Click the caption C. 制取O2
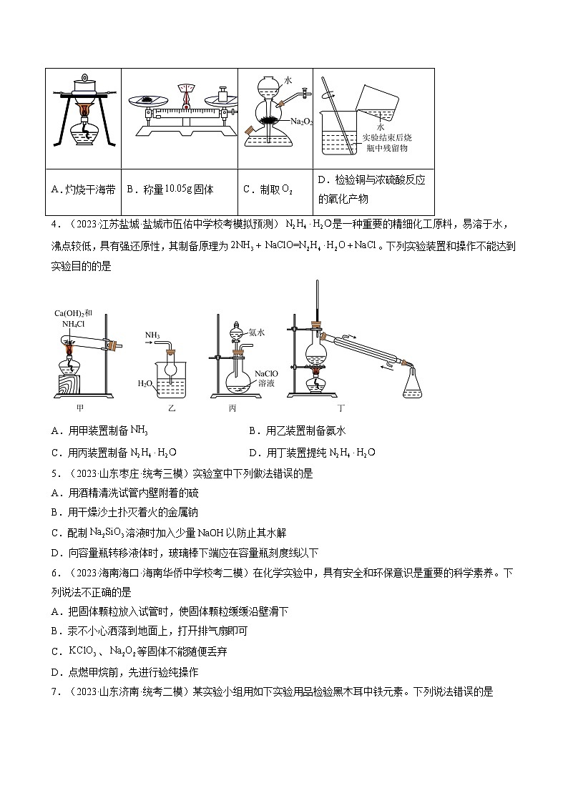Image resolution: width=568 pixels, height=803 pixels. pyautogui.click(x=268, y=189)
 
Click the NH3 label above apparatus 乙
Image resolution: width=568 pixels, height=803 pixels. pyautogui.click(x=152, y=335)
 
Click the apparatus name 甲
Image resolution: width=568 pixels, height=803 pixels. pyautogui.click(x=79, y=408)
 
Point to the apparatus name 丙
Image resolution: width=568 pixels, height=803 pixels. pyautogui.click(x=232, y=408)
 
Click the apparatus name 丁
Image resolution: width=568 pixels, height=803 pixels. pyautogui.click(x=341, y=408)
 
